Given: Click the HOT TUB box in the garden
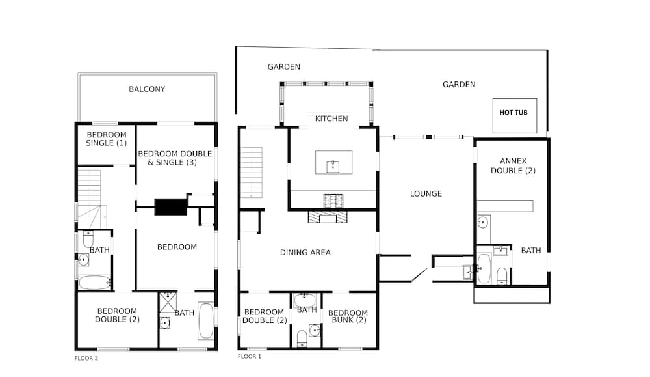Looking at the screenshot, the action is point(514,116).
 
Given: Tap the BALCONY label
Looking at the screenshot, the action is point(147,89).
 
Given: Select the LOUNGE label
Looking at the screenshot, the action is point(426,193).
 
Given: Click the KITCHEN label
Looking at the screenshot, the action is point(331,119).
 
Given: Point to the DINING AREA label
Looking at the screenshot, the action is point(305,252).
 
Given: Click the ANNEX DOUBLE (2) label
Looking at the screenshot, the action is point(513,165).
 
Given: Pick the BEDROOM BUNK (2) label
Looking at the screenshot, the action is point(348,316).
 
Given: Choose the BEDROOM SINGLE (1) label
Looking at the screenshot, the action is point(107,139).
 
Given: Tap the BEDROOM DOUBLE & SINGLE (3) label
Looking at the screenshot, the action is point(174,158).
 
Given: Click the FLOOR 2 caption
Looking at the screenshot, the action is point(86,358).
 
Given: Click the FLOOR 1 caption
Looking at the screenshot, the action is point(250,356).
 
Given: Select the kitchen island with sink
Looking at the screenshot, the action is point(333,162).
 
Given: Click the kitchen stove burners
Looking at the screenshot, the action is point(333,201).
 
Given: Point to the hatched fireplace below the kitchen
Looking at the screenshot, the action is point(328,217).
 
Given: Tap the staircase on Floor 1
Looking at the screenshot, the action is point(252,172).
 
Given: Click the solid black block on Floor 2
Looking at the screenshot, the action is point(171,207).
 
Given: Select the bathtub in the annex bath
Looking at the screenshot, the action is point(484,268).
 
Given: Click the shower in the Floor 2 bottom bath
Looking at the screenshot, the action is point(168,302).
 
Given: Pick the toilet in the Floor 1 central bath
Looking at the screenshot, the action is point(302,338).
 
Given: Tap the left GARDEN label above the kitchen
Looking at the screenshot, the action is point(283,66).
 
